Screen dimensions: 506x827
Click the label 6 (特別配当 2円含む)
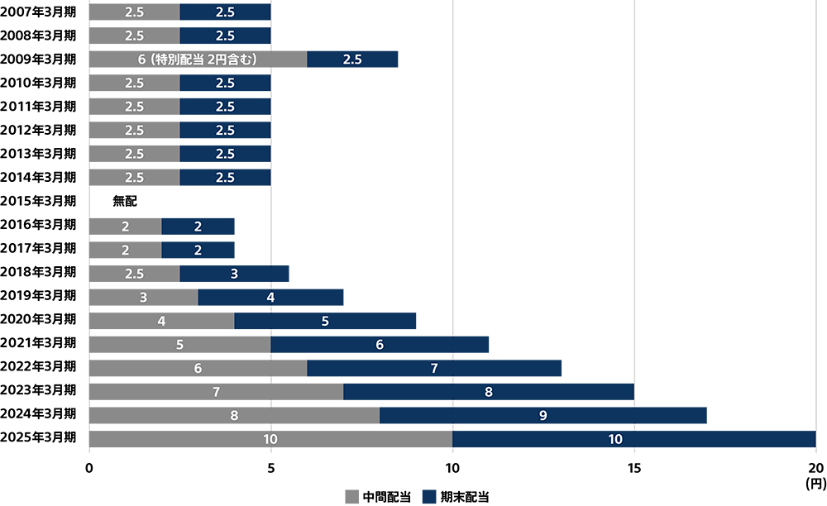pyautogui.click(x=198, y=60)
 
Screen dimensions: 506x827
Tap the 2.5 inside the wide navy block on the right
pyautogui.click(x=352, y=60)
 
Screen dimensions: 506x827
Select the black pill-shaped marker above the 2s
pyautogui.click(x=125, y=200)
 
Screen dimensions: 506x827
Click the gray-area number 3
pyautogui.click(x=143, y=298)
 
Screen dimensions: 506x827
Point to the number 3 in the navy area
pyautogui.click(x=234, y=274)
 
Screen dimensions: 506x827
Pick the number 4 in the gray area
pyautogui.click(x=161, y=321)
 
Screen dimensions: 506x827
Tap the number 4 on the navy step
pyautogui.click(x=270, y=297)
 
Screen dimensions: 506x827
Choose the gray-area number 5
pyautogui.click(x=179, y=345)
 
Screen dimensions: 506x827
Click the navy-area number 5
pyautogui.click(x=325, y=321)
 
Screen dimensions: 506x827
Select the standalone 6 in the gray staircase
pyautogui.click(x=198, y=368)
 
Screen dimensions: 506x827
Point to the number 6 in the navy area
pyautogui.click(x=380, y=345)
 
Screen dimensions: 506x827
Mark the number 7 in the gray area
pyautogui.click(x=216, y=392)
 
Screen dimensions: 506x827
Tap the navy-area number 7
pyautogui.click(x=434, y=368)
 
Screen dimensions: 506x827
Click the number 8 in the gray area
pyautogui.click(x=234, y=415)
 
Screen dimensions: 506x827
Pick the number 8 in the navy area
pyautogui.click(x=489, y=392)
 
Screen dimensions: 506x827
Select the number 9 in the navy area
pyautogui.click(x=543, y=415)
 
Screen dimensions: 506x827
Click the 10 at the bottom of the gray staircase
pyautogui.click(x=270, y=439)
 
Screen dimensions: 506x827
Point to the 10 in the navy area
pyautogui.click(x=615, y=439)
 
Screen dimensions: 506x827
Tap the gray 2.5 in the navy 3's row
pyautogui.click(x=134, y=274)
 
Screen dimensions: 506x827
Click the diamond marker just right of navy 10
pyautogui.click(x=634, y=427)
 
